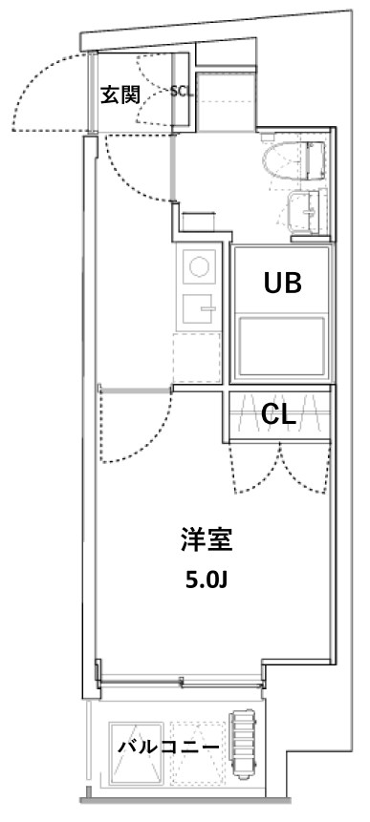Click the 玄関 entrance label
tap(120, 95)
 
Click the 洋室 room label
tap(205, 541)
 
